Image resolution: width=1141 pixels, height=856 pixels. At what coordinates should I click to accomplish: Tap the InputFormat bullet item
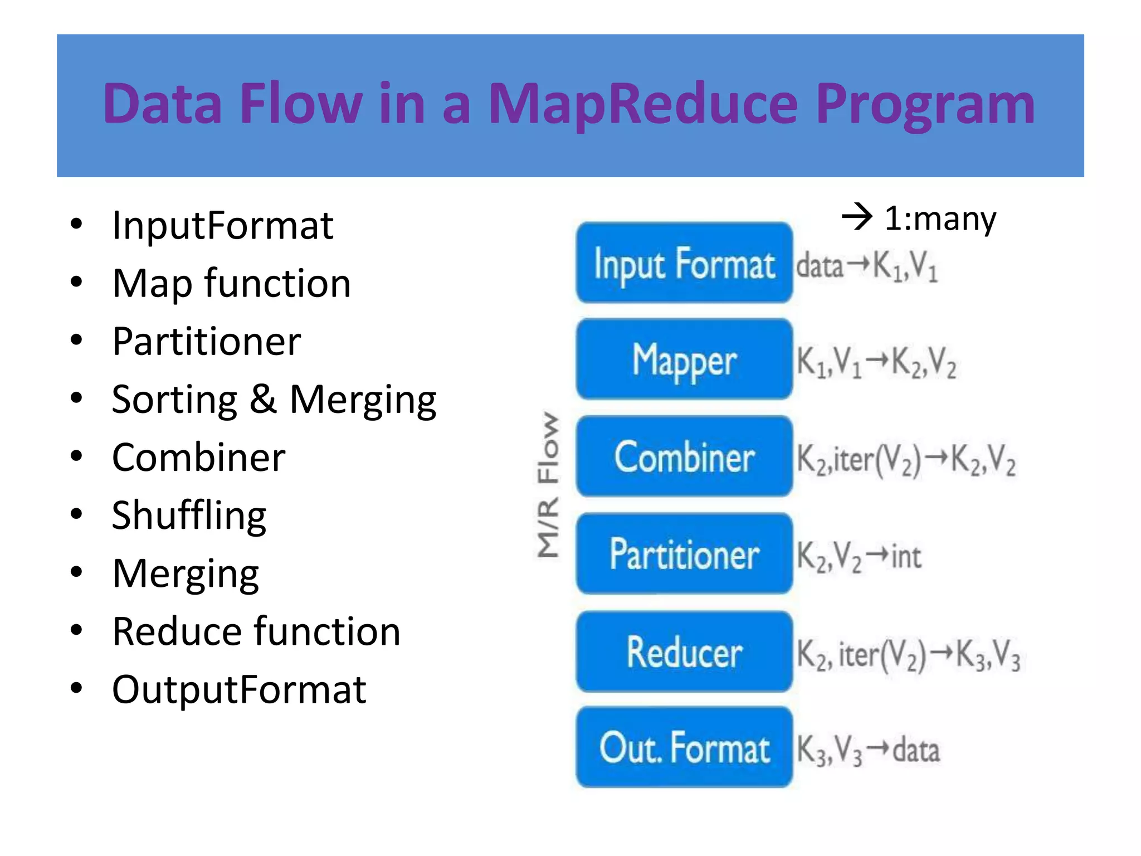pyautogui.click(x=222, y=226)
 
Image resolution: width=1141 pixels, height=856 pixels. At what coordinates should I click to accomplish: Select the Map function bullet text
pyautogui.click(x=231, y=284)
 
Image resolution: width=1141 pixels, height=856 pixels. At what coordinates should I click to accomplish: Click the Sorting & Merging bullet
pyautogui.click(x=274, y=400)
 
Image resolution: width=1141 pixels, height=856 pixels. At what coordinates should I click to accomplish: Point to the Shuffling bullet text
pyautogui.click(x=189, y=516)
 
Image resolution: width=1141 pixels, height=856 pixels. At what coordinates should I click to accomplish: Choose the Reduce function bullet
pyautogui.click(x=256, y=632)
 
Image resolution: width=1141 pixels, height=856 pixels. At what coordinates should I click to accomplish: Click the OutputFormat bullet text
pyautogui.click(x=239, y=690)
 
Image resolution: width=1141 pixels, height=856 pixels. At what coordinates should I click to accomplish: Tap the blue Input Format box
pyautogui.click(x=684, y=263)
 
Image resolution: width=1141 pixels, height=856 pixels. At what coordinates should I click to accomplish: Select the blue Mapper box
pyautogui.click(x=684, y=360)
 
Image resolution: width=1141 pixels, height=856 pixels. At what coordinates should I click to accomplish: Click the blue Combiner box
pyautogui.click(x=684, y=457)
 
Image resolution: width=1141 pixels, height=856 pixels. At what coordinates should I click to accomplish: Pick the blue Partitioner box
pyautogui.click(x=684, y=554)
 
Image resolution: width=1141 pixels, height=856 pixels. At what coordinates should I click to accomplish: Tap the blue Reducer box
pyautogui.click(x=684, y=652)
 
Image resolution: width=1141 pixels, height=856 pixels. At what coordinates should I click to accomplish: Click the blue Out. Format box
pyautogui.click(x=684, y=748)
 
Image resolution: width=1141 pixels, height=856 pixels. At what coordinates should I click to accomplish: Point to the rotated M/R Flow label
pyautogui.click(x=548, y=485)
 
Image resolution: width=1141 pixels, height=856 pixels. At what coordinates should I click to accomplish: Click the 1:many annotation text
pyautogui.click(x=940, y=218)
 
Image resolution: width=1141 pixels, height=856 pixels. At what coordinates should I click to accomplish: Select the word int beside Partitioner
pyautogui.click(x=906, y=556)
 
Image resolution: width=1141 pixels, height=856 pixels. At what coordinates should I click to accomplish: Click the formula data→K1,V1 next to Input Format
pyautogui.click(x=866, y=266)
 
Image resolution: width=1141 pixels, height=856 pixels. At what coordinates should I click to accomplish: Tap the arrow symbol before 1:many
pyautogui.click(x=856, y=217)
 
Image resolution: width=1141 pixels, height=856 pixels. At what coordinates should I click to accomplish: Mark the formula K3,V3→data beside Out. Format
pyautogui.click(x=867, y=750)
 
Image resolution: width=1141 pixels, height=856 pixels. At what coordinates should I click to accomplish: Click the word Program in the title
pyautogui.click(x=925, y=104)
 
